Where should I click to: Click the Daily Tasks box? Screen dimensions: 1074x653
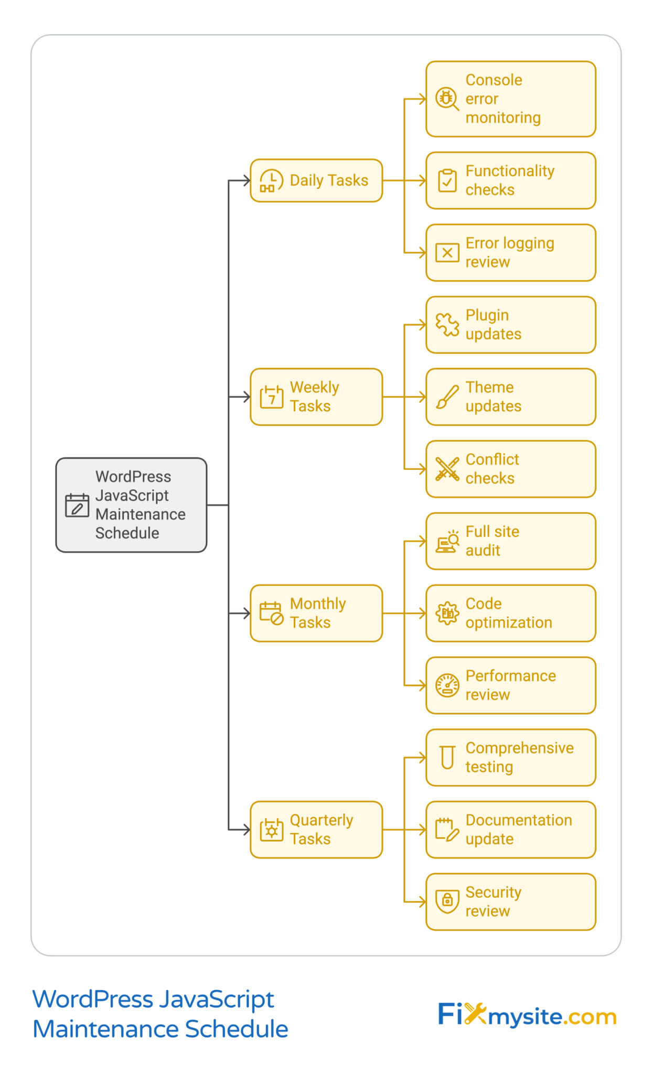[316, 180]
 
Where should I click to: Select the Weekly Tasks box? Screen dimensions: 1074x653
[316, 397]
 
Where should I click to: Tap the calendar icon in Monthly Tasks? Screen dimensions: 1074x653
[271, 613]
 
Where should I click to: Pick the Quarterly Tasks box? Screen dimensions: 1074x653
[316, 830]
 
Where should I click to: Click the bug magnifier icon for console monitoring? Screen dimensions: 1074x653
[447, 99]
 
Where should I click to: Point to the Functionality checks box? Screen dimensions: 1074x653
[510, 180]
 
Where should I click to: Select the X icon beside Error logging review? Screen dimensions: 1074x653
[447, 253]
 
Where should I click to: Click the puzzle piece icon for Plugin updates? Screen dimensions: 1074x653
[447, 325]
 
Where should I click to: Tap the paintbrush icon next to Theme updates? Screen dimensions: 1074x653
[447, 397]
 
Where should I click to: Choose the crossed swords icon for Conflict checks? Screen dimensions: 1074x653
[447, 469]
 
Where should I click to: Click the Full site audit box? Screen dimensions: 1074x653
[510, 541]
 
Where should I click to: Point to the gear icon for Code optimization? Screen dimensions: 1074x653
[447, 613]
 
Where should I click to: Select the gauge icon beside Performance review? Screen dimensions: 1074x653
[447, 685]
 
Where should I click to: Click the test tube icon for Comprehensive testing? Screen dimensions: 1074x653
[447, 757]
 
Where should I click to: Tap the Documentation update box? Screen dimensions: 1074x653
[510, 830]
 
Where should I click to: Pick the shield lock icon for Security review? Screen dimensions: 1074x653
[447, 901]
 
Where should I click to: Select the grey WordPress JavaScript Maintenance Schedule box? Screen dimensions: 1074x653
[131, 505]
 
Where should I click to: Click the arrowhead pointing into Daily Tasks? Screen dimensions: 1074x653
[247, 181]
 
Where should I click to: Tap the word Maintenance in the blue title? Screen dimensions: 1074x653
[105, 1029]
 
